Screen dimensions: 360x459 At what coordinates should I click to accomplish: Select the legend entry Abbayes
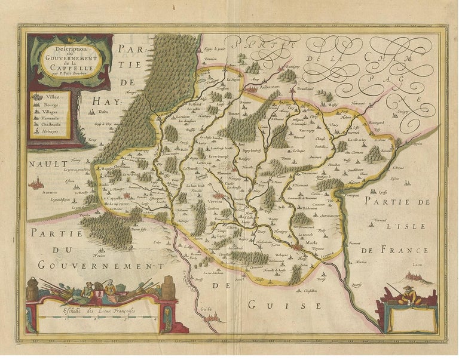click(49, 134)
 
